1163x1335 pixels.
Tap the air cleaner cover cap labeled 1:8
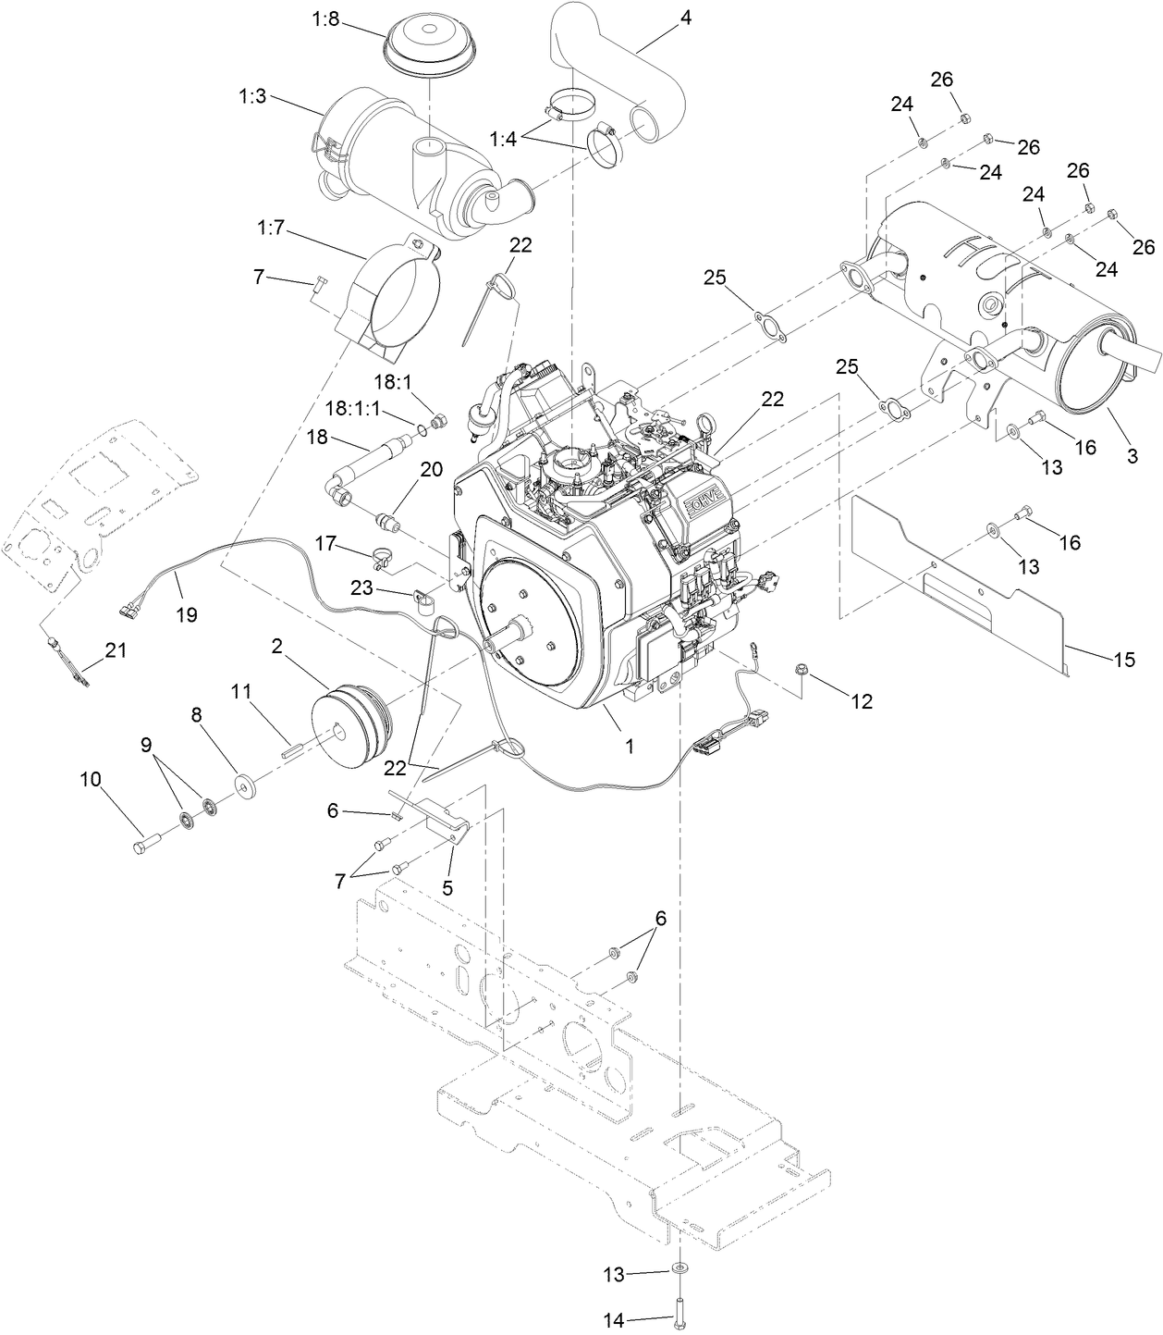point(429,42)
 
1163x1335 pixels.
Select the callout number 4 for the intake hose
point(685,19)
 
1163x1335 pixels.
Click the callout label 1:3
point(251,96)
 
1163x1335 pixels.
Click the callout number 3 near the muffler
point(1131,455)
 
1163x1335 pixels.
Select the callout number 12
point(861,702)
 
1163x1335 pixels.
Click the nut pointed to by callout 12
point(801,669)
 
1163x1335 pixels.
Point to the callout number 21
point(115,649)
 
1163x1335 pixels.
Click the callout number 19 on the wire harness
point(187,614)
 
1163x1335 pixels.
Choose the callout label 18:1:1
point(355,408)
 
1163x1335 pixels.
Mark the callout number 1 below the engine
point(630,746)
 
